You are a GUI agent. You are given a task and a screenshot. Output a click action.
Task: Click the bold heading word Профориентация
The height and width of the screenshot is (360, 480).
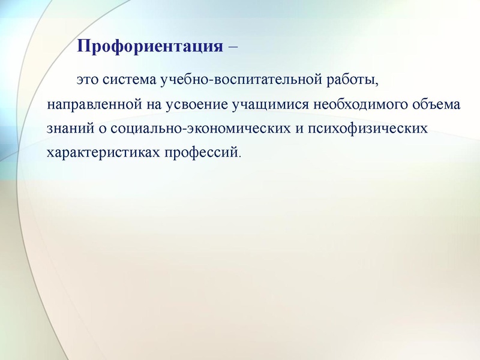point(150,46)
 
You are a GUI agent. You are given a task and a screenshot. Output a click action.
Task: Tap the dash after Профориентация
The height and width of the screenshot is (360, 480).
point(233,46)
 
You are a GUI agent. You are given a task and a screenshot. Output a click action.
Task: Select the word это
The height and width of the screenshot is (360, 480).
point(87,79)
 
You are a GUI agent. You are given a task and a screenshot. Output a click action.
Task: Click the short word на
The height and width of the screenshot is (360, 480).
point(150,104)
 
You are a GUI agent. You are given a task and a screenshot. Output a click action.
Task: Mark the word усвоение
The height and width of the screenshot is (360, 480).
point(193,104)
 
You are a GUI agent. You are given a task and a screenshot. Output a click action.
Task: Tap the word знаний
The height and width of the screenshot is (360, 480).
point(67,128)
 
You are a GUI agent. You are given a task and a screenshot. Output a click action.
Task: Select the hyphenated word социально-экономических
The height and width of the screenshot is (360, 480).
point(206,128)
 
